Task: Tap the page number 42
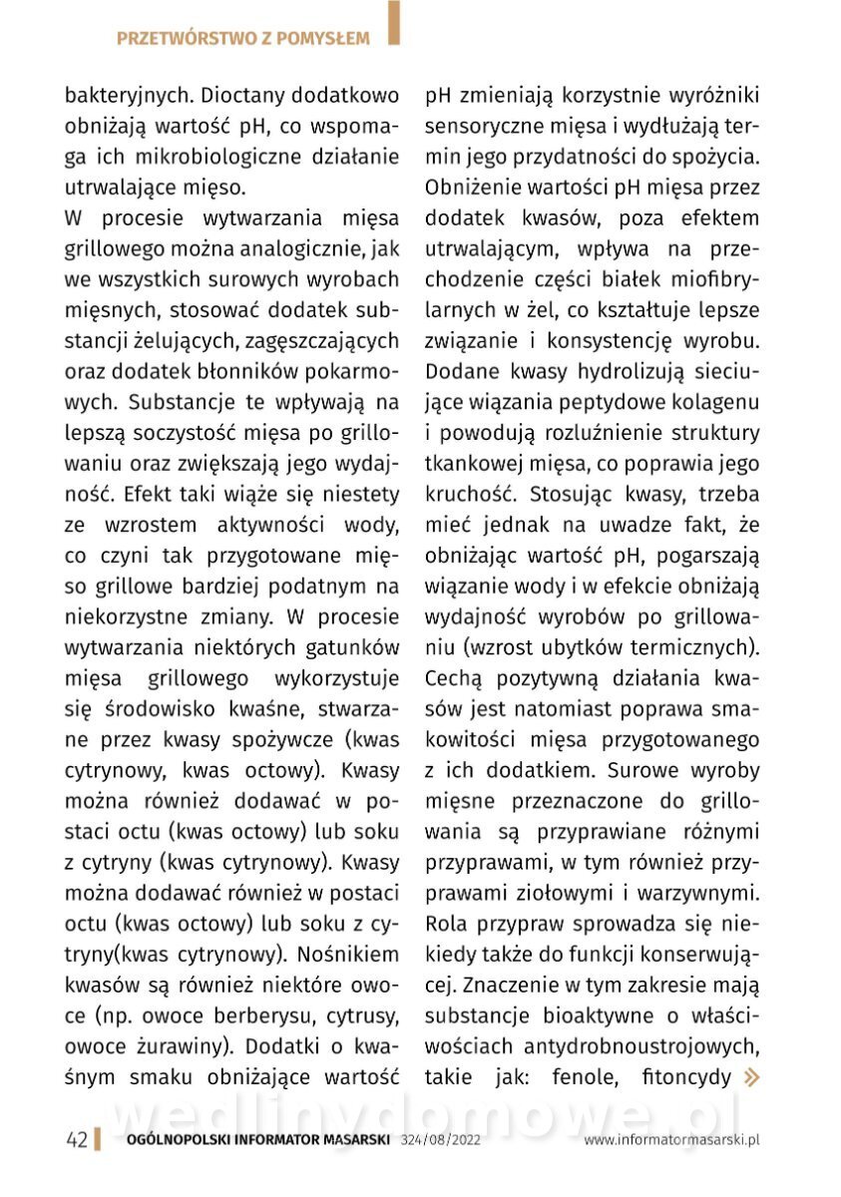76,1139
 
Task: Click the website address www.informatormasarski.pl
671,1139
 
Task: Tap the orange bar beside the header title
394,24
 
